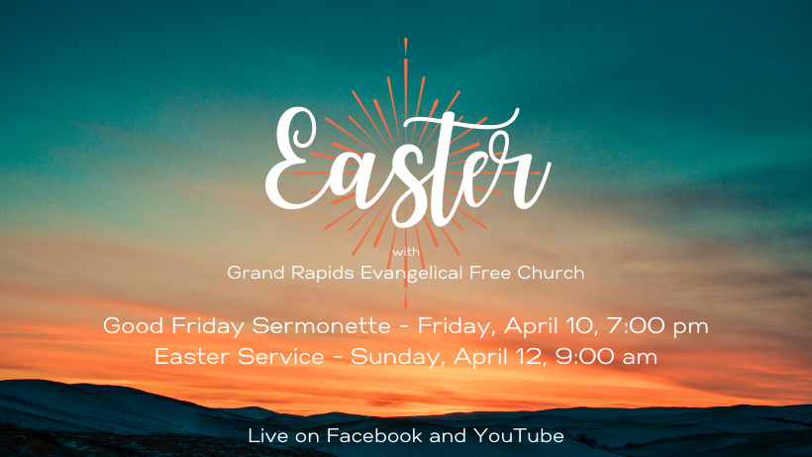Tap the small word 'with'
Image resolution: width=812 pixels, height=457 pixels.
(406, 253)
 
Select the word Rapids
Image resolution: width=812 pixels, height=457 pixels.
(323, 274)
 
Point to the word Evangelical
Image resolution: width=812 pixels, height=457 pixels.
(412, 274)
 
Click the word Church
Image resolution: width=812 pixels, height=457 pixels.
(551, 273)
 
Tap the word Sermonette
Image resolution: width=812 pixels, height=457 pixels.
(321, 326)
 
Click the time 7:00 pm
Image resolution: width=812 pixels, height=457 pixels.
(658, 326)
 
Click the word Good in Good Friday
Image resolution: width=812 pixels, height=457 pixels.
(134, 326)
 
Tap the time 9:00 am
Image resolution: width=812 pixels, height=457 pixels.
(606, 357)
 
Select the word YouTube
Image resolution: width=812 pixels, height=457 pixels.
(518, 436)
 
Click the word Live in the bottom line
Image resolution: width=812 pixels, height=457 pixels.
(267, 436)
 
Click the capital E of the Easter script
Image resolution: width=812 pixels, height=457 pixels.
(295, 158)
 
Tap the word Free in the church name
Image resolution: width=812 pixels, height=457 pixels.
(490, 273)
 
